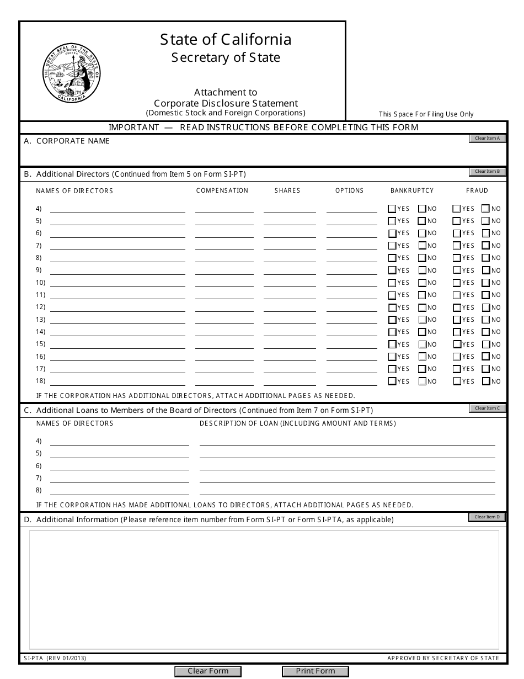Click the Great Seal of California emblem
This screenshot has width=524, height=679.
pyautogui.click(x=72, y=73)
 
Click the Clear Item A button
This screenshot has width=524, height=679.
pyautogui.click(x=487, y=139)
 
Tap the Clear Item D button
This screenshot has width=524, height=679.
pyautogui.click(x=487, y=517)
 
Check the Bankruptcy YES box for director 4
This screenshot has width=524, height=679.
pyautogui.click(x=392, y=209)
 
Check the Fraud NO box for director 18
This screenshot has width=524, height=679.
pyautogui.click(x=486, y=381)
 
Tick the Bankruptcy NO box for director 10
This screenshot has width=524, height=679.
pyautogui.click(x=423, y=283)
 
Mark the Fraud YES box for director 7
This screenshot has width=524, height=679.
pyautogui.click(x=457, y=246)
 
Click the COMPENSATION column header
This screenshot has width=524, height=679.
pyautogui.click(x=222, y=190)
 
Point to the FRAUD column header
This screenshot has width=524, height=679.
pyautogui.click(x=477, y=190)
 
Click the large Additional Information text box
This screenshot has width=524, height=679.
pyautogui.click(x=264, y=590)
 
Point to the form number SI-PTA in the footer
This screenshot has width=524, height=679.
pyautogui.click(x=35, y=658)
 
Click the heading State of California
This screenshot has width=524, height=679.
pyautogui.click(x=226, y=40)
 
